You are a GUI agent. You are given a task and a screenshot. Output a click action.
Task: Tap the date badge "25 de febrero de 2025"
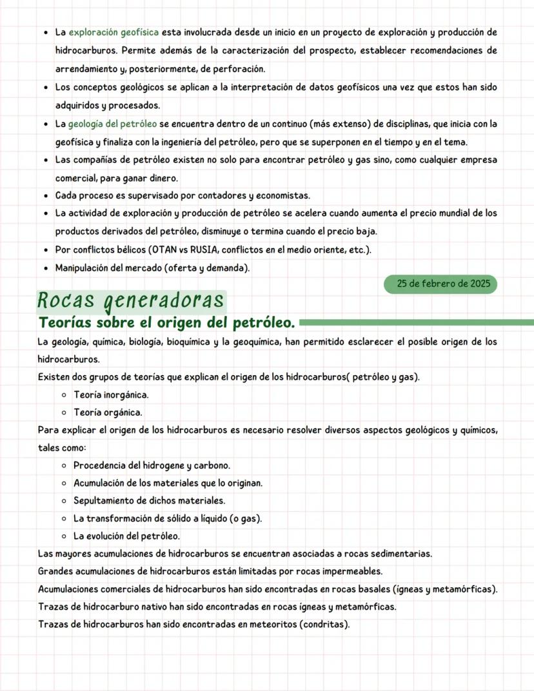(440, 284)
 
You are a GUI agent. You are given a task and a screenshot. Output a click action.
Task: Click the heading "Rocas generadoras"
(131, 300)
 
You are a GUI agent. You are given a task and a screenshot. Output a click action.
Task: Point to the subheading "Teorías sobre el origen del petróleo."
(167, 322)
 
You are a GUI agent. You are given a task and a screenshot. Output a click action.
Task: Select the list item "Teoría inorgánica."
(111, 394)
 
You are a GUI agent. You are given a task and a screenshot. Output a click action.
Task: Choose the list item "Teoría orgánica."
(108, 412)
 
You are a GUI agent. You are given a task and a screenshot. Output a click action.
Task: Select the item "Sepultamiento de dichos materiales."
(149, 500)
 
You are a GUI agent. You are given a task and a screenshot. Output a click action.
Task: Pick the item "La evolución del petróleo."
(126, 536)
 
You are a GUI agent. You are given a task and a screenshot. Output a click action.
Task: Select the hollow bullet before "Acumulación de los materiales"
(65, 483)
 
